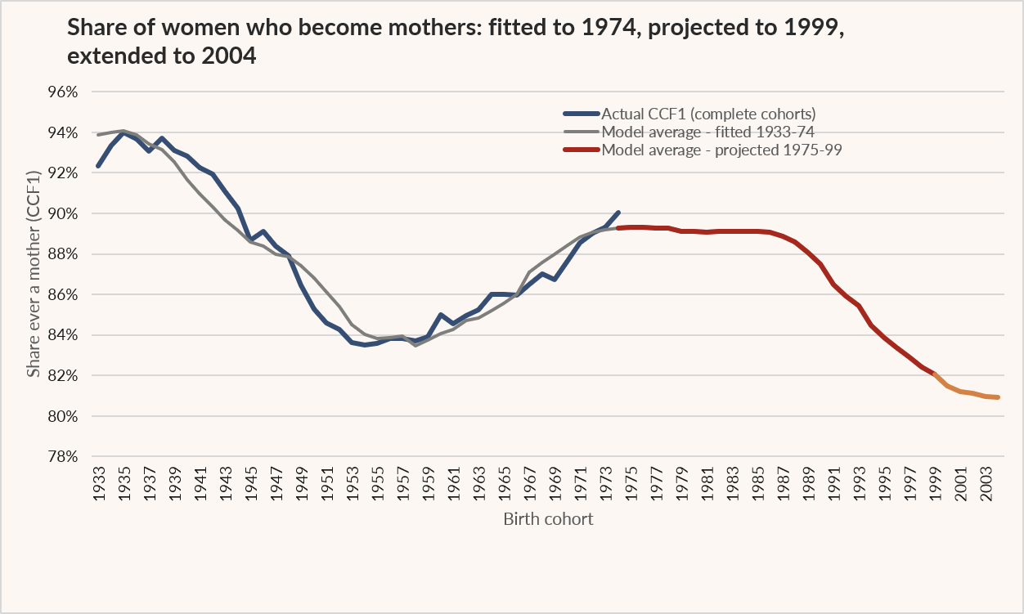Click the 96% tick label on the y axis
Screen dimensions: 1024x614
pos(63,92)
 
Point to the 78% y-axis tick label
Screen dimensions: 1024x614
pos(63,456)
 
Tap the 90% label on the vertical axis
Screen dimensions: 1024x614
pos(63,214)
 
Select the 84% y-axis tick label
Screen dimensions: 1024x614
pos(63,335)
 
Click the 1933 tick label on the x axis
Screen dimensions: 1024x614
pos(99,484)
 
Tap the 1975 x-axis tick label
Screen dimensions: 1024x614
pos(631,484)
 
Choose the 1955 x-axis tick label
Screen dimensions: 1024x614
pos(378,484)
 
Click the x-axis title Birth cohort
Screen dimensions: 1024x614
pos(548,519)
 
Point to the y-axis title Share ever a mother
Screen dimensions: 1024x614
pos(34,274)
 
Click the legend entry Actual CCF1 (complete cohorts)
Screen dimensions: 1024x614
pos(708,114)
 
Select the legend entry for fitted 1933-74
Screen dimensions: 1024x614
pos(707,132)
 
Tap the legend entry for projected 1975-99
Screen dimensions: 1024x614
pos(721,150)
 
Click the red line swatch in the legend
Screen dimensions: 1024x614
pos(582,150)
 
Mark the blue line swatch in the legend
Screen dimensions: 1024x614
pos(582,114)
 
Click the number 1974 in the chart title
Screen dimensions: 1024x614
pos(609,28)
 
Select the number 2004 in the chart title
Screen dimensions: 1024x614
pos(228,56)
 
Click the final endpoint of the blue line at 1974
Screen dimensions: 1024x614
pos(619,213)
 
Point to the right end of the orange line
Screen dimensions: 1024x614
pos(999,397)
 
